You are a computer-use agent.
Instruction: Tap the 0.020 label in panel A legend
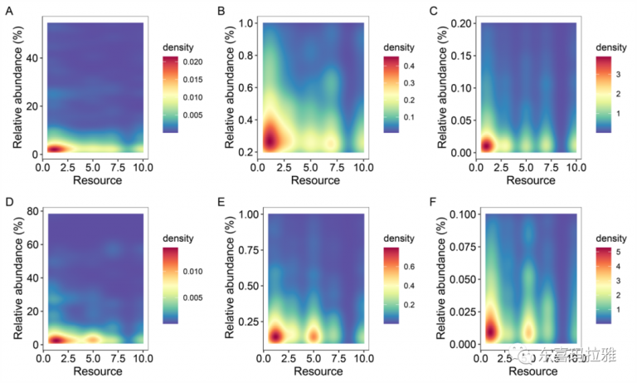(192, 62)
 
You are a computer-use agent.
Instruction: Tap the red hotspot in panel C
(487, 145)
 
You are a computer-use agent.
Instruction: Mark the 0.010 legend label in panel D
(192, 272)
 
